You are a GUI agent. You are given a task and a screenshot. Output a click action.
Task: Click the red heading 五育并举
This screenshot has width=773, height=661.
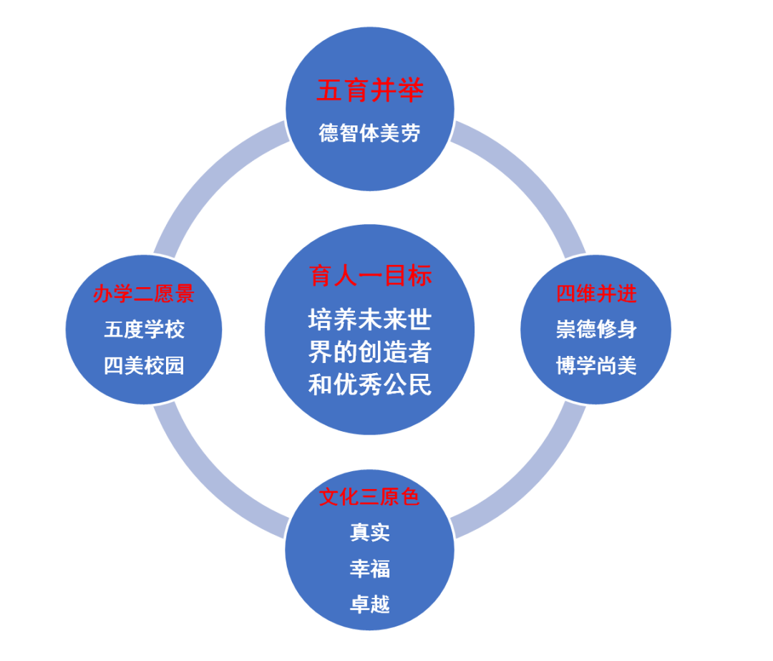pos(370,91)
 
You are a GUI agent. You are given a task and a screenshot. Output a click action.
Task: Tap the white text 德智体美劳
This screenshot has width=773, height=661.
pos(369,133)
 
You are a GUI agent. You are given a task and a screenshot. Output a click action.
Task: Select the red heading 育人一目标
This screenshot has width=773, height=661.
pos(370,275)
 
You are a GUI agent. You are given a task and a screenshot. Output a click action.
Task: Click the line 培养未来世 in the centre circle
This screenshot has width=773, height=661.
pos(370,319)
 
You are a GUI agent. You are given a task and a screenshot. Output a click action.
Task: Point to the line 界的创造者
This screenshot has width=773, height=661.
pos(370,352)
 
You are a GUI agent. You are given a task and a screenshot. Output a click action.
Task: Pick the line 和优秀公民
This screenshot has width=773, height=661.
pos(370,385)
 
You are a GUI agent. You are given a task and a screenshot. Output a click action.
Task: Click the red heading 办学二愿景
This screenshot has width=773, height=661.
pos(144,294)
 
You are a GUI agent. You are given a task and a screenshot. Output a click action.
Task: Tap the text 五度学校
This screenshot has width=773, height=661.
pos(144,329)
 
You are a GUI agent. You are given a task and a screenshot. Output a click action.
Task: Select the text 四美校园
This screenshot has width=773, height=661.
pos(144,365)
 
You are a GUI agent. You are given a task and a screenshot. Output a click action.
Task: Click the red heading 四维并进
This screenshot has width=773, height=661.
pos(596,294)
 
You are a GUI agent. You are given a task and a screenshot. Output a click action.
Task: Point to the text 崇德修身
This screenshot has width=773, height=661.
pos(596,329)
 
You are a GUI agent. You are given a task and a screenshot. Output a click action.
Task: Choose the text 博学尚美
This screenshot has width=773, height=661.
pos(596,365)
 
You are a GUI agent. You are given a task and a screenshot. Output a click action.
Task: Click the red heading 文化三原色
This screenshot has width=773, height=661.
pos(369,497)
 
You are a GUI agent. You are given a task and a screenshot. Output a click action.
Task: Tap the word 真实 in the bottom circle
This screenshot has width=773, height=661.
pos(369,532)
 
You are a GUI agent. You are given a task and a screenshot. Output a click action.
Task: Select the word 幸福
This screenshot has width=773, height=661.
pos(369,569)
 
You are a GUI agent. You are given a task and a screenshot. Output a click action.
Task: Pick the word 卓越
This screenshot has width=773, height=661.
pos(369,604)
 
